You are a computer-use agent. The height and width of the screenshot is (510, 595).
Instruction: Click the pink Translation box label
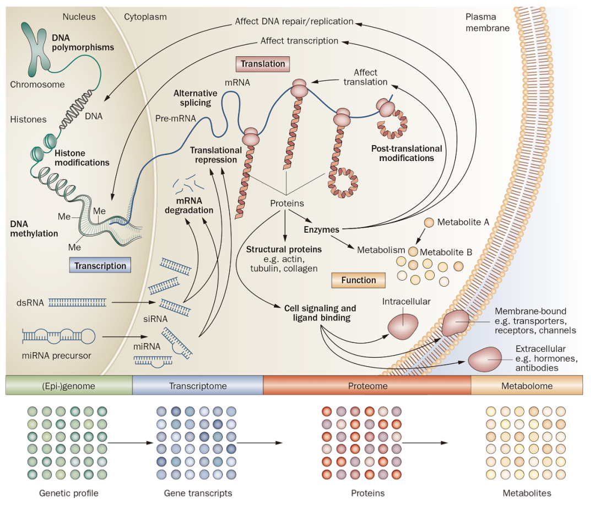tap(263, 63)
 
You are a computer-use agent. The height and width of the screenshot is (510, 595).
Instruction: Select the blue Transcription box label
tap(100, 266)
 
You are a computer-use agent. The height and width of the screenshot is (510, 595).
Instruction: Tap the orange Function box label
tap(358, 280)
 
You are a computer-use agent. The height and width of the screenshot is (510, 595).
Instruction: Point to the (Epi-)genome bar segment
tap(69, 386)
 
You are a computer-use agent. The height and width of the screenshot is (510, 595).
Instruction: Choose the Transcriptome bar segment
tap(198, 386)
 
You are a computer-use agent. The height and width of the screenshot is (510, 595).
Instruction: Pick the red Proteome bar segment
tap(367, 386)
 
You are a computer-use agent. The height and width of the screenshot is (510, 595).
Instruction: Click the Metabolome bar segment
tap(527, 386)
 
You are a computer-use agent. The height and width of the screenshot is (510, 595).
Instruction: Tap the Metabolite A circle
tap(429, 223)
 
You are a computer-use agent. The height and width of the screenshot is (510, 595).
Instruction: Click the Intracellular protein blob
tap(404, 326)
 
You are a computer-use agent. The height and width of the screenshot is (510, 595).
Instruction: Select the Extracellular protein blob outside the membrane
tap(484, 360)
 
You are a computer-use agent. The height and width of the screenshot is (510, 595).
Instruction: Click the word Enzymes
tap(321, 229)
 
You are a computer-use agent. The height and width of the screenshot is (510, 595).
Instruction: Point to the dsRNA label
tap(30, 302)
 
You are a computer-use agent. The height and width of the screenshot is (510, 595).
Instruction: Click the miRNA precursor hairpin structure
tap(58, 335)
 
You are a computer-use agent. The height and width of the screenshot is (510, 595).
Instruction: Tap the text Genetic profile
tap(68, 493)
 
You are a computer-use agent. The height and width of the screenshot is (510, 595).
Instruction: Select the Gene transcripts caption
tap(198, 493)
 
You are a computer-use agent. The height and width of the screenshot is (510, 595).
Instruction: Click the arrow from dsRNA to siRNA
tap(132, 302)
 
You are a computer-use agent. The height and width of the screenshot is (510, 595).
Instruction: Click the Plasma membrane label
tap(488, 23)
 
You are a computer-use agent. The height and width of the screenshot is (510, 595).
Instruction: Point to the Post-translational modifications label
tap(407, 153)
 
